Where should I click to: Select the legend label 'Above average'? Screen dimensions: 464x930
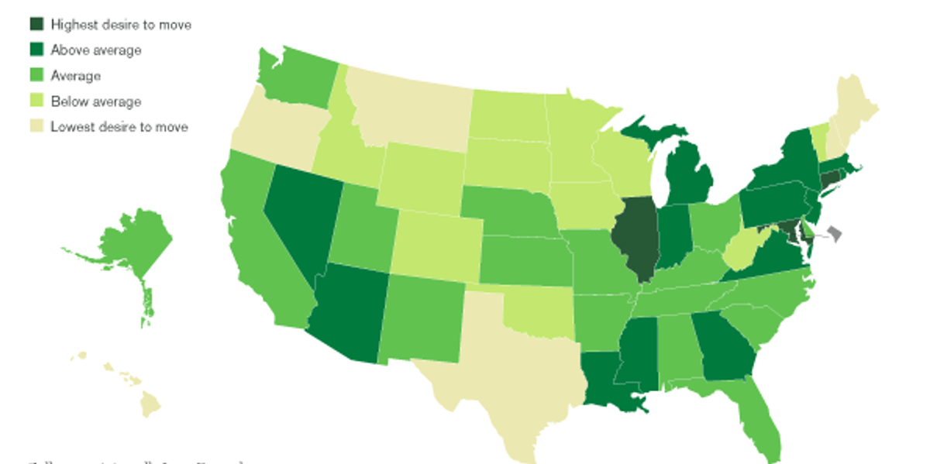96,50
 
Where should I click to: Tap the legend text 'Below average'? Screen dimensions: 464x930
96,101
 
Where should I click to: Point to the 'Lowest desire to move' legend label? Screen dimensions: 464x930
119,126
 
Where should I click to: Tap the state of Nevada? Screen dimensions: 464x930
298,217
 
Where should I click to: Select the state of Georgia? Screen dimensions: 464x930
725,349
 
